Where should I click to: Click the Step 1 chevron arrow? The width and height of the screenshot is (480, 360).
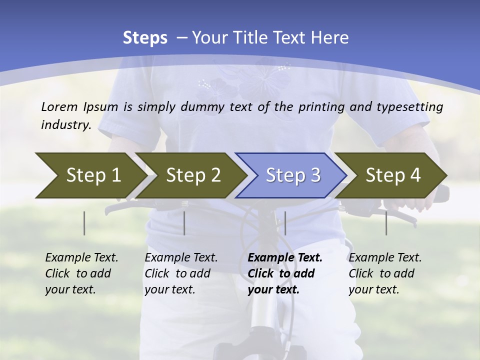(90, 175)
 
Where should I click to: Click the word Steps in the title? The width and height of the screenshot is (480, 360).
(145, 38)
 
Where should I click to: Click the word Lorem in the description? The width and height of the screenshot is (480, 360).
(59, 106)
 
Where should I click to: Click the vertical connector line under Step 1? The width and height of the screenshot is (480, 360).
(84, 223)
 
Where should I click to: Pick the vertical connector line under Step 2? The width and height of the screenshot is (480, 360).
(184, 223)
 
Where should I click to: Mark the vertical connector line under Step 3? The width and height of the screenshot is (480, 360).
(285, 223)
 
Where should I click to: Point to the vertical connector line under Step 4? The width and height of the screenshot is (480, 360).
(386, 223)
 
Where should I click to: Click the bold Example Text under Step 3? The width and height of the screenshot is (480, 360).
(285, 258)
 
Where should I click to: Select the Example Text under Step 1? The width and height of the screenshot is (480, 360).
(81, 258)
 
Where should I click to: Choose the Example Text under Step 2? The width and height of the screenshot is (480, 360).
(181, 258)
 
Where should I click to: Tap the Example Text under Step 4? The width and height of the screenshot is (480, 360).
(385, 258)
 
